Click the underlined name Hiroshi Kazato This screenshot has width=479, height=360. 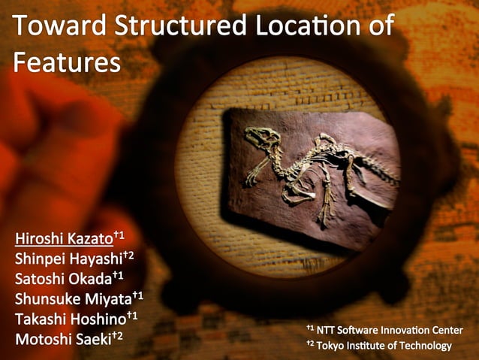point(63,240)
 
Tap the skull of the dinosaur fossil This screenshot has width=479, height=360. point(260,137)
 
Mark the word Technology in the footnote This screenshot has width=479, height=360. point(426,346)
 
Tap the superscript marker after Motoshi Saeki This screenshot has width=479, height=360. point(117,334)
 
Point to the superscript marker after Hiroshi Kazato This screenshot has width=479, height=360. point(119,236)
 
